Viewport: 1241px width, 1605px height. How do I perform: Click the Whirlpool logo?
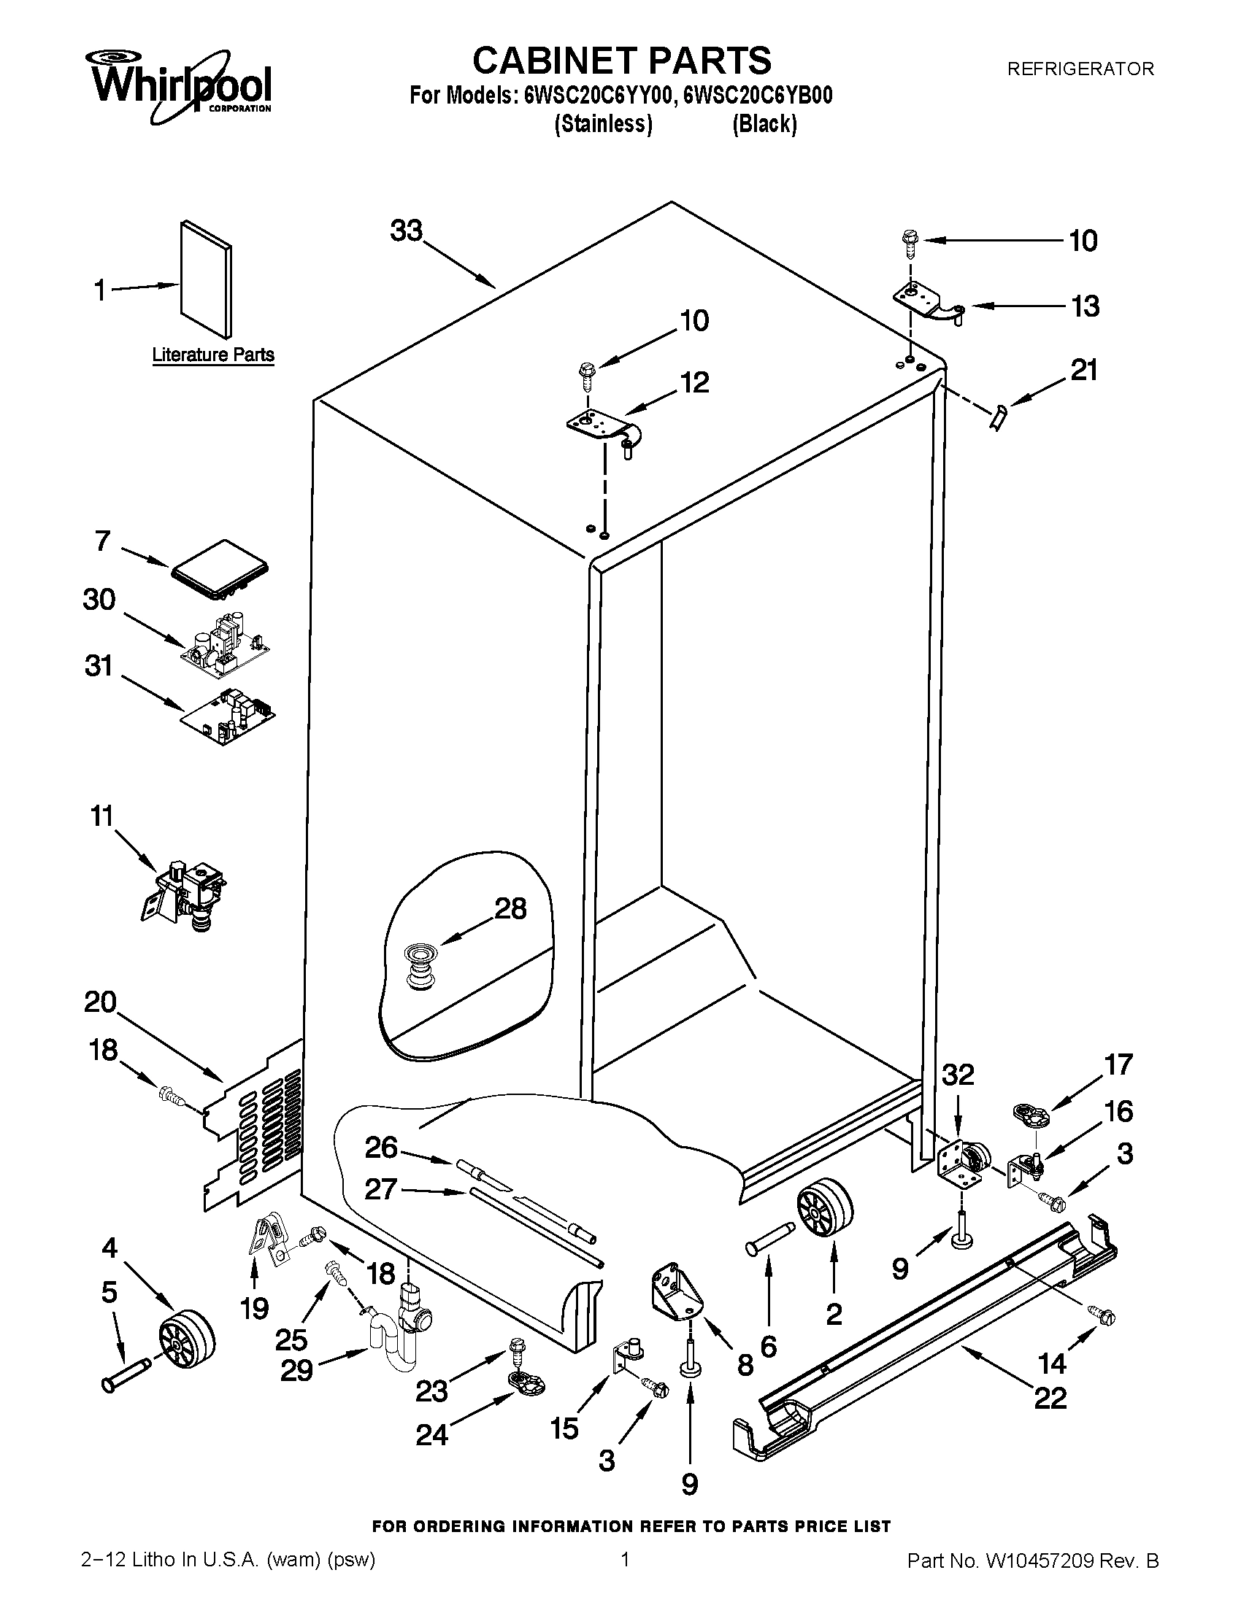click(x=181, y=88)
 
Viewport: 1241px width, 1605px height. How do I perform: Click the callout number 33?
click(x=407, y=231)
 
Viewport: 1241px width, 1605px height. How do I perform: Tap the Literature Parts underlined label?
click(x=213, y=355)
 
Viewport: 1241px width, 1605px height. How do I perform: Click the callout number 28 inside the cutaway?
click(x=510, y=909)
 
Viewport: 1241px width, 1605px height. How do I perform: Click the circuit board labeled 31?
click(x=228, y=717)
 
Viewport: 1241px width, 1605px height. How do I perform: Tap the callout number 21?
click(x=1083, y=370)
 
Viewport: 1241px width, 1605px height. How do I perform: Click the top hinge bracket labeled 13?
click(x=928, y=303)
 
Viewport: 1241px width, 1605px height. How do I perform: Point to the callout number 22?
click(x=1050, y=1398)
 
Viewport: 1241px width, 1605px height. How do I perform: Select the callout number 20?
click(x=100, y=1001)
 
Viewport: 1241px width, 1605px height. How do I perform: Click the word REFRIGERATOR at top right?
click(x=1080, y=69)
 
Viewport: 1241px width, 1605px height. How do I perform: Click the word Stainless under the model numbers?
click(x=603, y=124)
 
